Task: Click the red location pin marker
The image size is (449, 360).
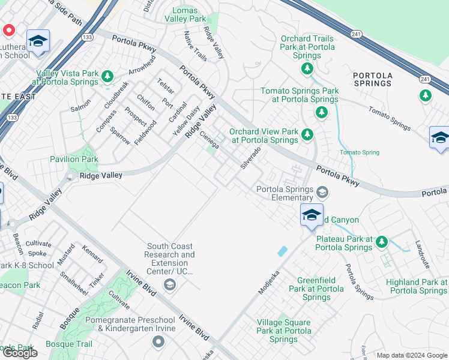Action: [9, 30]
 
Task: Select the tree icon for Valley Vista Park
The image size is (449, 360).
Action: [107, 76]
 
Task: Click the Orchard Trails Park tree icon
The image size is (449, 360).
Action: [307, 69]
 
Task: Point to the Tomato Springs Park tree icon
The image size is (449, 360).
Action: [322, 112]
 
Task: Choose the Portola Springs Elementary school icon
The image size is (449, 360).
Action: [322, 193]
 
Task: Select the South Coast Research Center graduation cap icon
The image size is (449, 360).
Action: [170, 284]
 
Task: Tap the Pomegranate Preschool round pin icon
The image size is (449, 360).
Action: [158, 342]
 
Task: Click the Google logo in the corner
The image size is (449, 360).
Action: [20, 353]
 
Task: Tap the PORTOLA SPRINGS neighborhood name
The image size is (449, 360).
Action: [372, 79]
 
